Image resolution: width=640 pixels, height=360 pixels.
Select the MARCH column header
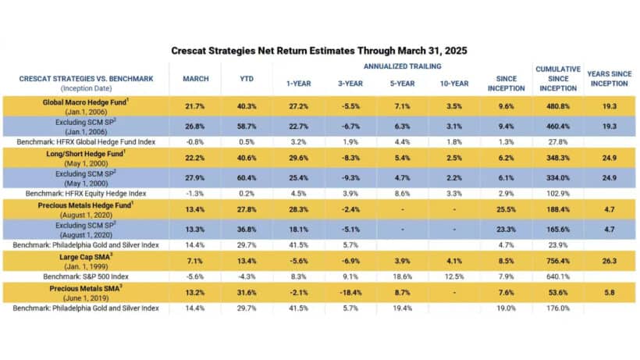(x=195, y=79)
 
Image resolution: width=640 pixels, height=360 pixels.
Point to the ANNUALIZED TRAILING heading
(x=402, y=66)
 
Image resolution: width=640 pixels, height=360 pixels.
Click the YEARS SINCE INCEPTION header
(x=609, y=79)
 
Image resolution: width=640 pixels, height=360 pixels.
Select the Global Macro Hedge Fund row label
(x=92, y=102)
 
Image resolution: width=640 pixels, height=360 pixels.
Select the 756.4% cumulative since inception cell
(x=556, y=261)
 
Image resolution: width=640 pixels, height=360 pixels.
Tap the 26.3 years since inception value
(x=609, y=261)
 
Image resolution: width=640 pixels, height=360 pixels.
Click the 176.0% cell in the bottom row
(x=556, y=308)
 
